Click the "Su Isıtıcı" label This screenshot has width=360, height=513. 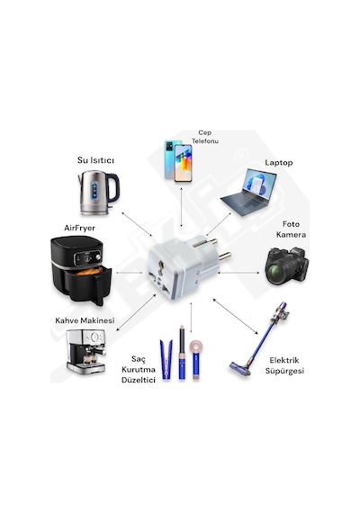(95, 160)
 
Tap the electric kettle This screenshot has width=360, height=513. (98, 193)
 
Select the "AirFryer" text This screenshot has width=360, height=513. (79, 228)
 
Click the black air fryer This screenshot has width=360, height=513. (81, 270)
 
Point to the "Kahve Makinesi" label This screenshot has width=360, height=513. (85, 320)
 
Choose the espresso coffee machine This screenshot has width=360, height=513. (86, 351)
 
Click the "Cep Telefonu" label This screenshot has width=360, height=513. (205, 137)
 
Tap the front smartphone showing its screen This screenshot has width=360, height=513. (183, 163)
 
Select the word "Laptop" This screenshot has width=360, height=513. (278, 163)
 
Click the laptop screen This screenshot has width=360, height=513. (259, 183)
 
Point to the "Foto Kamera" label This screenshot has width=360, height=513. (291, 229)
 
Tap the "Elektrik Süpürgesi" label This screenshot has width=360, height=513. (284, 365)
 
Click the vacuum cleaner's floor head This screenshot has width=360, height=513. (240, 368)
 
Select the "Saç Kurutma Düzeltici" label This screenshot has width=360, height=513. (139, 369)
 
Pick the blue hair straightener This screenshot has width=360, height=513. (166, 359)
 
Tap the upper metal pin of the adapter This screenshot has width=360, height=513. (205, 243)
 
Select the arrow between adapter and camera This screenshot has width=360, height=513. (239, 272)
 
